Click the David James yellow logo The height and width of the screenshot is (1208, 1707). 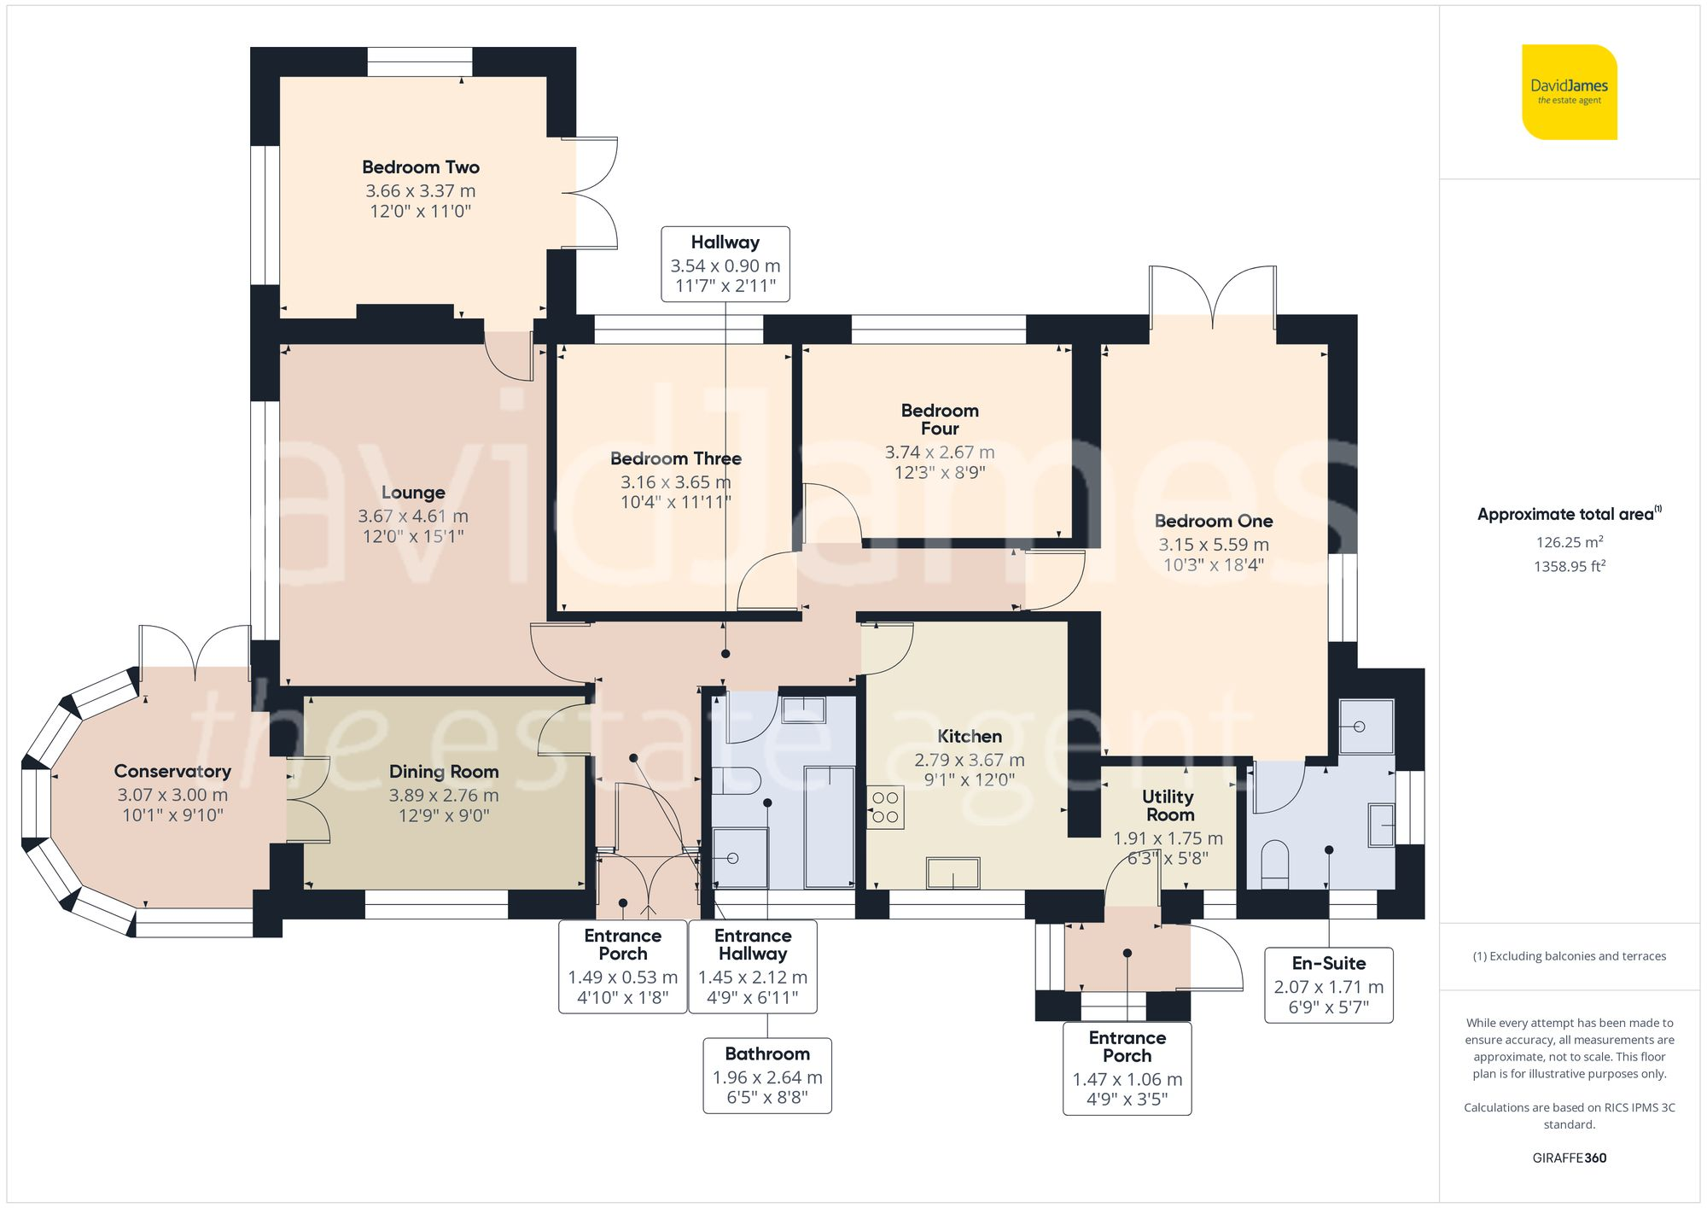point(1570,92)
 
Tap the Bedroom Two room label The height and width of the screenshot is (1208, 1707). point(421,167)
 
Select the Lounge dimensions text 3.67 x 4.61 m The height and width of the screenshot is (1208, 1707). point(413,516)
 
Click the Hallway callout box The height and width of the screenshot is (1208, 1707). point(725,264)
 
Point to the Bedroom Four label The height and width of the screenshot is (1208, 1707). point(940,420)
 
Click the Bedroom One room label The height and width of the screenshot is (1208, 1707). point(1214,521)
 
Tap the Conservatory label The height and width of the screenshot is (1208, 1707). point(172,772)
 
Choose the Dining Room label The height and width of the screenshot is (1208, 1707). point(444,772)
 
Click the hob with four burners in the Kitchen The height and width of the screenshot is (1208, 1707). point(886,808)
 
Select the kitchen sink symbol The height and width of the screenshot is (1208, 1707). point(953,873)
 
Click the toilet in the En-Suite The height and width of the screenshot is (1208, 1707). point(1274,864)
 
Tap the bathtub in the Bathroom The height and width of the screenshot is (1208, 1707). point(830,827)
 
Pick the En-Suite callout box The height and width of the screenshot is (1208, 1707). point(1329,985)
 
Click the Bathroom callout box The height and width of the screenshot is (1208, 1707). point(767,1076)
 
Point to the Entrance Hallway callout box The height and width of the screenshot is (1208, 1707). point(753,966)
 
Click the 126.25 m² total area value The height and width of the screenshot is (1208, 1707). point(1570,541)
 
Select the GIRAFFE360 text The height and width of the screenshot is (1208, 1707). point(1570,1158)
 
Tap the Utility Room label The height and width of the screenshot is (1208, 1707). point(1168,805)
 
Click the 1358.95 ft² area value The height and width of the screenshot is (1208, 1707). point(1570,565)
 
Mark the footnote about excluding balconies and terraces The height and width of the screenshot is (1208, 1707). point(1570,956)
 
